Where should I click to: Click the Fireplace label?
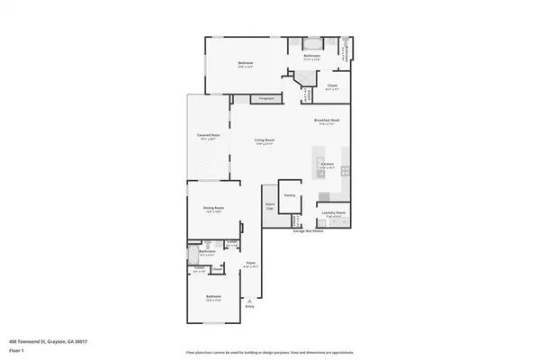point(265,97)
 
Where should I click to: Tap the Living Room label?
point(264,141)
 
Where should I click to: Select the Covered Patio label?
point(209,137)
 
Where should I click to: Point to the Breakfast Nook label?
point(326,121)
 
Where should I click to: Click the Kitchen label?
point(327,165)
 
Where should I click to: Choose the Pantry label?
point(290,194)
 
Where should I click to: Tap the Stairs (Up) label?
point(269,206)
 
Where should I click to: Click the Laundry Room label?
point(336,215)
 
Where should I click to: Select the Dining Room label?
point(213,209)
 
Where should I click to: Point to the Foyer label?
point(251,265)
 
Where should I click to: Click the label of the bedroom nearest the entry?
point(213,299)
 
